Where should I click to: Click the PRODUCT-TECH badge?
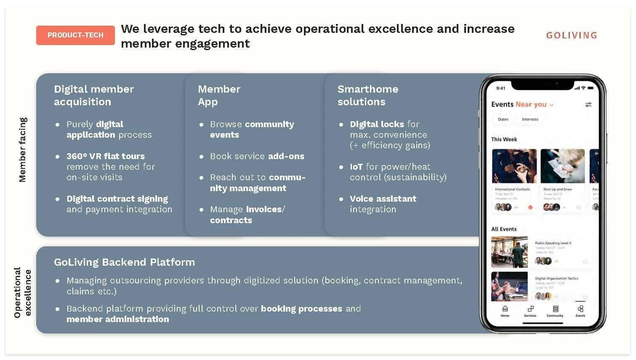(x=75, y=35)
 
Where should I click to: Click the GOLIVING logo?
(x=571, y=35)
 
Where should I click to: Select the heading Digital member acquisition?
(x=94, y=95)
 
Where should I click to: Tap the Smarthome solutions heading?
(x=367, y=95)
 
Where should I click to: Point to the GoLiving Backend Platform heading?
(x=124, y=262)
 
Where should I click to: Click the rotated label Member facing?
(x=22, y=149)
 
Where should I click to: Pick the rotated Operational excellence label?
(x=22, y=292)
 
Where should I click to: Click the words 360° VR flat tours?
(x=106, y=156)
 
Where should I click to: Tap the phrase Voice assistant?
(x=383, y=199)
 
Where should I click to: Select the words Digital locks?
(x=377, y=124)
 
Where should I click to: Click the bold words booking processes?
(x=301, y=309)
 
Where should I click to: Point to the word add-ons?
(x=286, y=156)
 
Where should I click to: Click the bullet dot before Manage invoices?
(x=201, y=210)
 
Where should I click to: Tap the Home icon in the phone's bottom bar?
(x=505, y=309)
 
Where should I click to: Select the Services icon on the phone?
(x=530, y=309)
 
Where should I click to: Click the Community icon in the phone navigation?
(x=555, y=309)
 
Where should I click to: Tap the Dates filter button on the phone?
(x=503, y=120)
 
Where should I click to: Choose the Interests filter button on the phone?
(x=530, y=120)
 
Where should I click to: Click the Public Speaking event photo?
(x=509, y=252)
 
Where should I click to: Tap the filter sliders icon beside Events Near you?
(x=588, y=104)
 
